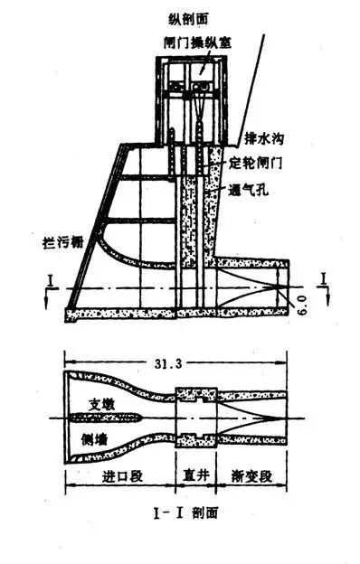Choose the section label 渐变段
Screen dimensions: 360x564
click(x=256, y=476)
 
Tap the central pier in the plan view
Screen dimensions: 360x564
click(x=118, y=418)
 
